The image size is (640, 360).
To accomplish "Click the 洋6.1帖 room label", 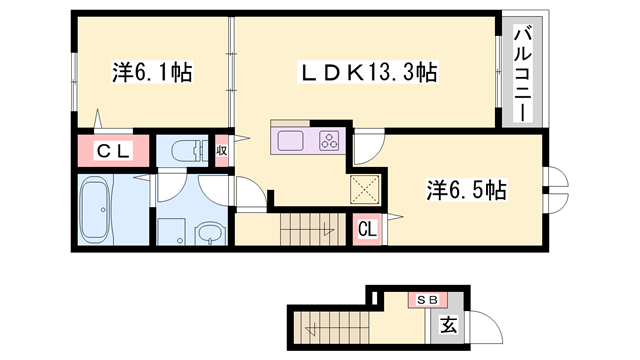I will (152, 72).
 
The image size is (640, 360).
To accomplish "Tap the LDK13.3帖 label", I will (369, 72).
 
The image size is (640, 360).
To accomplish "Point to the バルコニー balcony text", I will (522, 75).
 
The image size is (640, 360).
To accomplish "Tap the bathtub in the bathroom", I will (97, 210).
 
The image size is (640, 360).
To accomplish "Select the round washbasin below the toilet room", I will (210, 236).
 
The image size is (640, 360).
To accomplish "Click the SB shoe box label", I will (427, 300).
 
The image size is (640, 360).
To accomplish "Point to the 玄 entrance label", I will (450, 323).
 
